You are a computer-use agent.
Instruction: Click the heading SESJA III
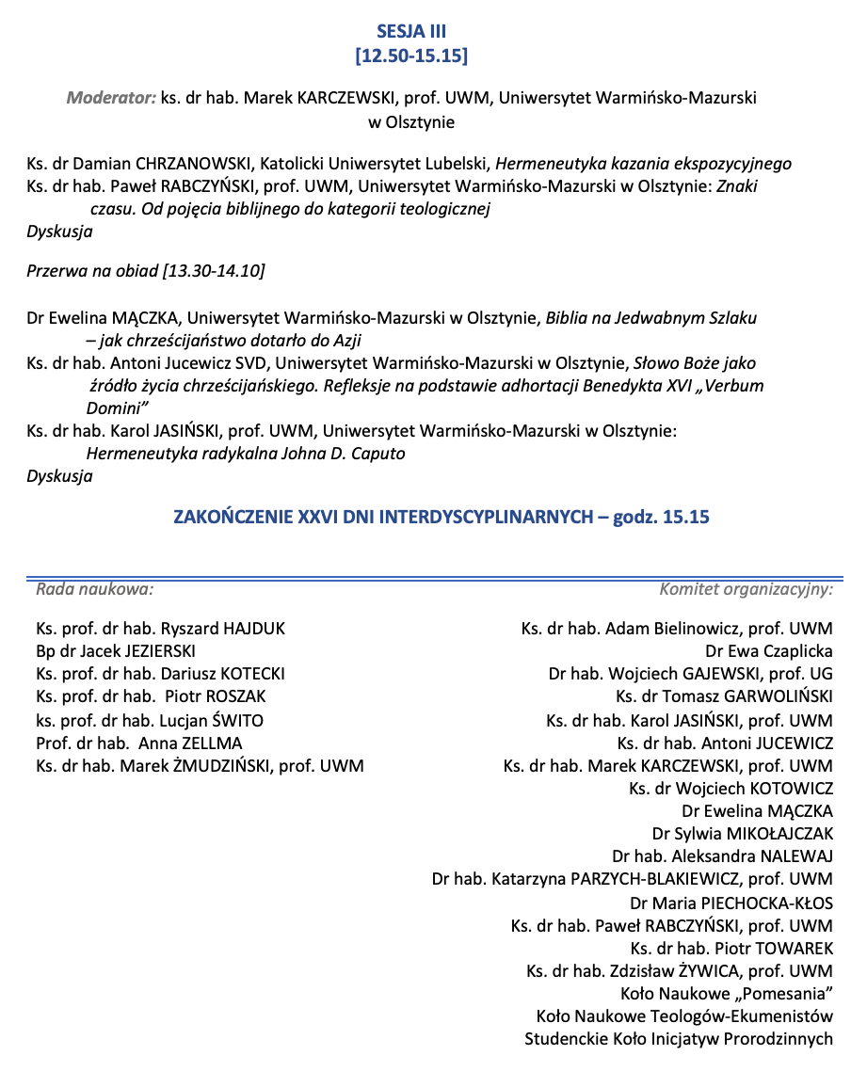(x=411, y=32)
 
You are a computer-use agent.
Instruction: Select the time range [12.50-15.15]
(x=411, y=56)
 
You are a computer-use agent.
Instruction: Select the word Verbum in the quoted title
(x=733, y=386)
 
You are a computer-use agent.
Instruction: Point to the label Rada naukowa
(x=94, y=590)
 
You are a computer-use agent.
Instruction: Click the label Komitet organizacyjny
(x=746, y=590)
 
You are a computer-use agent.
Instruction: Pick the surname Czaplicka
(x=792, y=650)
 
